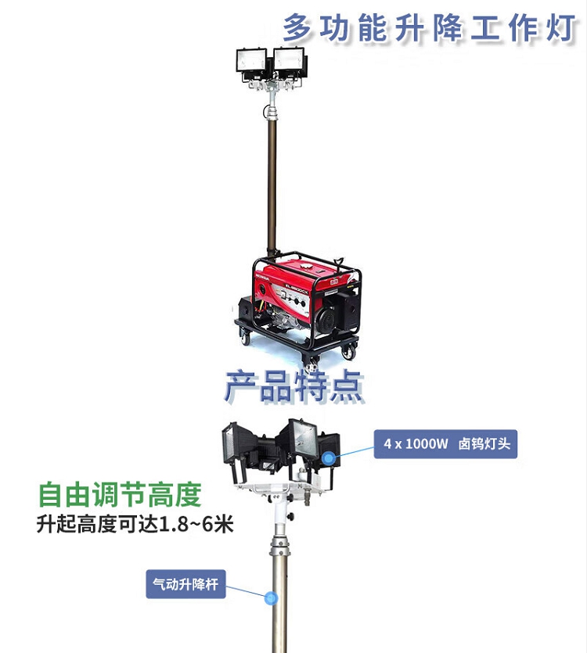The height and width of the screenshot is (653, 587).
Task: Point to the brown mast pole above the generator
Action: [272, 180]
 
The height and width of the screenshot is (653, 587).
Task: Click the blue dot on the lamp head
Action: [331, 458]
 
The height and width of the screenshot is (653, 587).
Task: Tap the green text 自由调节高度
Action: [120, 494]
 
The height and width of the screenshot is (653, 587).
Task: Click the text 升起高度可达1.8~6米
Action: [135, 524]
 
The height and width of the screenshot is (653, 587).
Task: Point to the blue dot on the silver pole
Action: [272, 599]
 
